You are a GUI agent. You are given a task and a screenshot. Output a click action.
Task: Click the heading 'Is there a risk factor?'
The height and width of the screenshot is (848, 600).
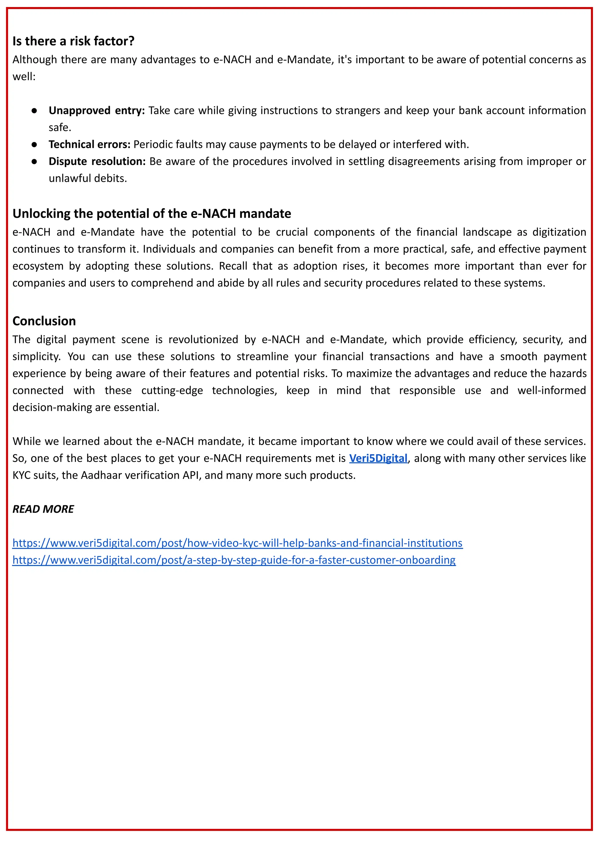pos(73,41)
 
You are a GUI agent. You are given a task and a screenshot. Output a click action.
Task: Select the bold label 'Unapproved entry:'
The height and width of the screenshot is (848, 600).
pos(97,111)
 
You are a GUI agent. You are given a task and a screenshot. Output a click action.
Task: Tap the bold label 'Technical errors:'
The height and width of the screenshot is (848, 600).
pos(89,145)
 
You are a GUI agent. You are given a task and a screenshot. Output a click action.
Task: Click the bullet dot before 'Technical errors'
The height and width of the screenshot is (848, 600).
pos(34,145)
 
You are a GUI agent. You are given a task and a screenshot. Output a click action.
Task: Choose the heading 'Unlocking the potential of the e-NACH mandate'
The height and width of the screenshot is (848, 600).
pos(151,214)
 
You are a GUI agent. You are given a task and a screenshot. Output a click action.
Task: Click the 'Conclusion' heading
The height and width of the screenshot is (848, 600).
pos(44,321)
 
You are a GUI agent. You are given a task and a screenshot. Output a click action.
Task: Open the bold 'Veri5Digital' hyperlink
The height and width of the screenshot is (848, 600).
pos(378,458)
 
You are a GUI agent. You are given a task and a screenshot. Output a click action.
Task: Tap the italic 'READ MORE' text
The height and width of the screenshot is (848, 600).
pos(43,509)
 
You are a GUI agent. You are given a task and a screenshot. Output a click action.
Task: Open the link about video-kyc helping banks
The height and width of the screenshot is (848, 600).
pos(237,543)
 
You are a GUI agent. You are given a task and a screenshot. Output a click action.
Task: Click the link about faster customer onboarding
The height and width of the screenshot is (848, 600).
pos(234,560)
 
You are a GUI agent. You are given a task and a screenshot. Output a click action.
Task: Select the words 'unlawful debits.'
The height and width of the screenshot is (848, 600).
pos(88,179)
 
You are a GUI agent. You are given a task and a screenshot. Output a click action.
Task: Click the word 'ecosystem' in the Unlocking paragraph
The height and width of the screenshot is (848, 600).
pos(38,266)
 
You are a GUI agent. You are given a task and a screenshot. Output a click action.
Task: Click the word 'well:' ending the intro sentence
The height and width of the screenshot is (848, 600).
pos(24,77)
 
